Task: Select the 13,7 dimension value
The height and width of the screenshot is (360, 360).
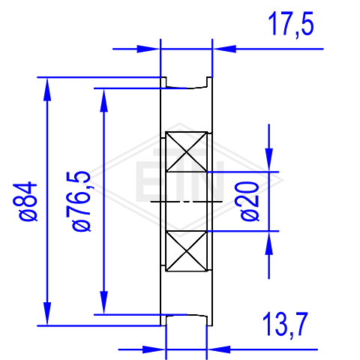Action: click(285, 325)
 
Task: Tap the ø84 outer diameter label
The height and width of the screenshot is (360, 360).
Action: click(25, 202)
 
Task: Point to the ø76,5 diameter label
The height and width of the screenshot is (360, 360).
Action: click(82, 202)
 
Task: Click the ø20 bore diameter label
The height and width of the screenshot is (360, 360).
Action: click(250, 202)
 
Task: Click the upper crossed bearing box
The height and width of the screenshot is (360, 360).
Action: click(187, 151)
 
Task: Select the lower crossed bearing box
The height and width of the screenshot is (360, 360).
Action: click(187, 251)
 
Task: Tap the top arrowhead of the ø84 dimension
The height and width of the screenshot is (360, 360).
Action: click(47, 89)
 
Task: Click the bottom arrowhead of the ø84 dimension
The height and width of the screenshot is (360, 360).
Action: click(47, 313)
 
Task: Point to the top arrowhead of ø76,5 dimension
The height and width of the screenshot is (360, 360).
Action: click(104, 100)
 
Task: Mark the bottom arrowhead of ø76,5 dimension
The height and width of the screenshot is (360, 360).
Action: click(104, 302)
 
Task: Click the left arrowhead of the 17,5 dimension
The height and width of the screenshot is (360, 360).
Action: click(148, 49)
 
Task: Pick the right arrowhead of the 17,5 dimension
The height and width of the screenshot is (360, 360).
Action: click(224, 49)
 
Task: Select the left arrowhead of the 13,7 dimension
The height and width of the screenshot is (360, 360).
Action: click(154, 349)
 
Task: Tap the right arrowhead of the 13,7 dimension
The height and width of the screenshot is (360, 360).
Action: click(219, 349)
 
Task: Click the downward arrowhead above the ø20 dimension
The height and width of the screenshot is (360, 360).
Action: click(269, 160)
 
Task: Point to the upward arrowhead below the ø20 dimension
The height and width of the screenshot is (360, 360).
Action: click(269, 243)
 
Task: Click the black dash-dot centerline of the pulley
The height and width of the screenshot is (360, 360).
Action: click(187, 201)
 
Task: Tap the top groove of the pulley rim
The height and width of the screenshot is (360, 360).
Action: click(187, 82)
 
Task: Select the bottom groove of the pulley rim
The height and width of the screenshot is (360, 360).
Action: click(187, 320)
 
